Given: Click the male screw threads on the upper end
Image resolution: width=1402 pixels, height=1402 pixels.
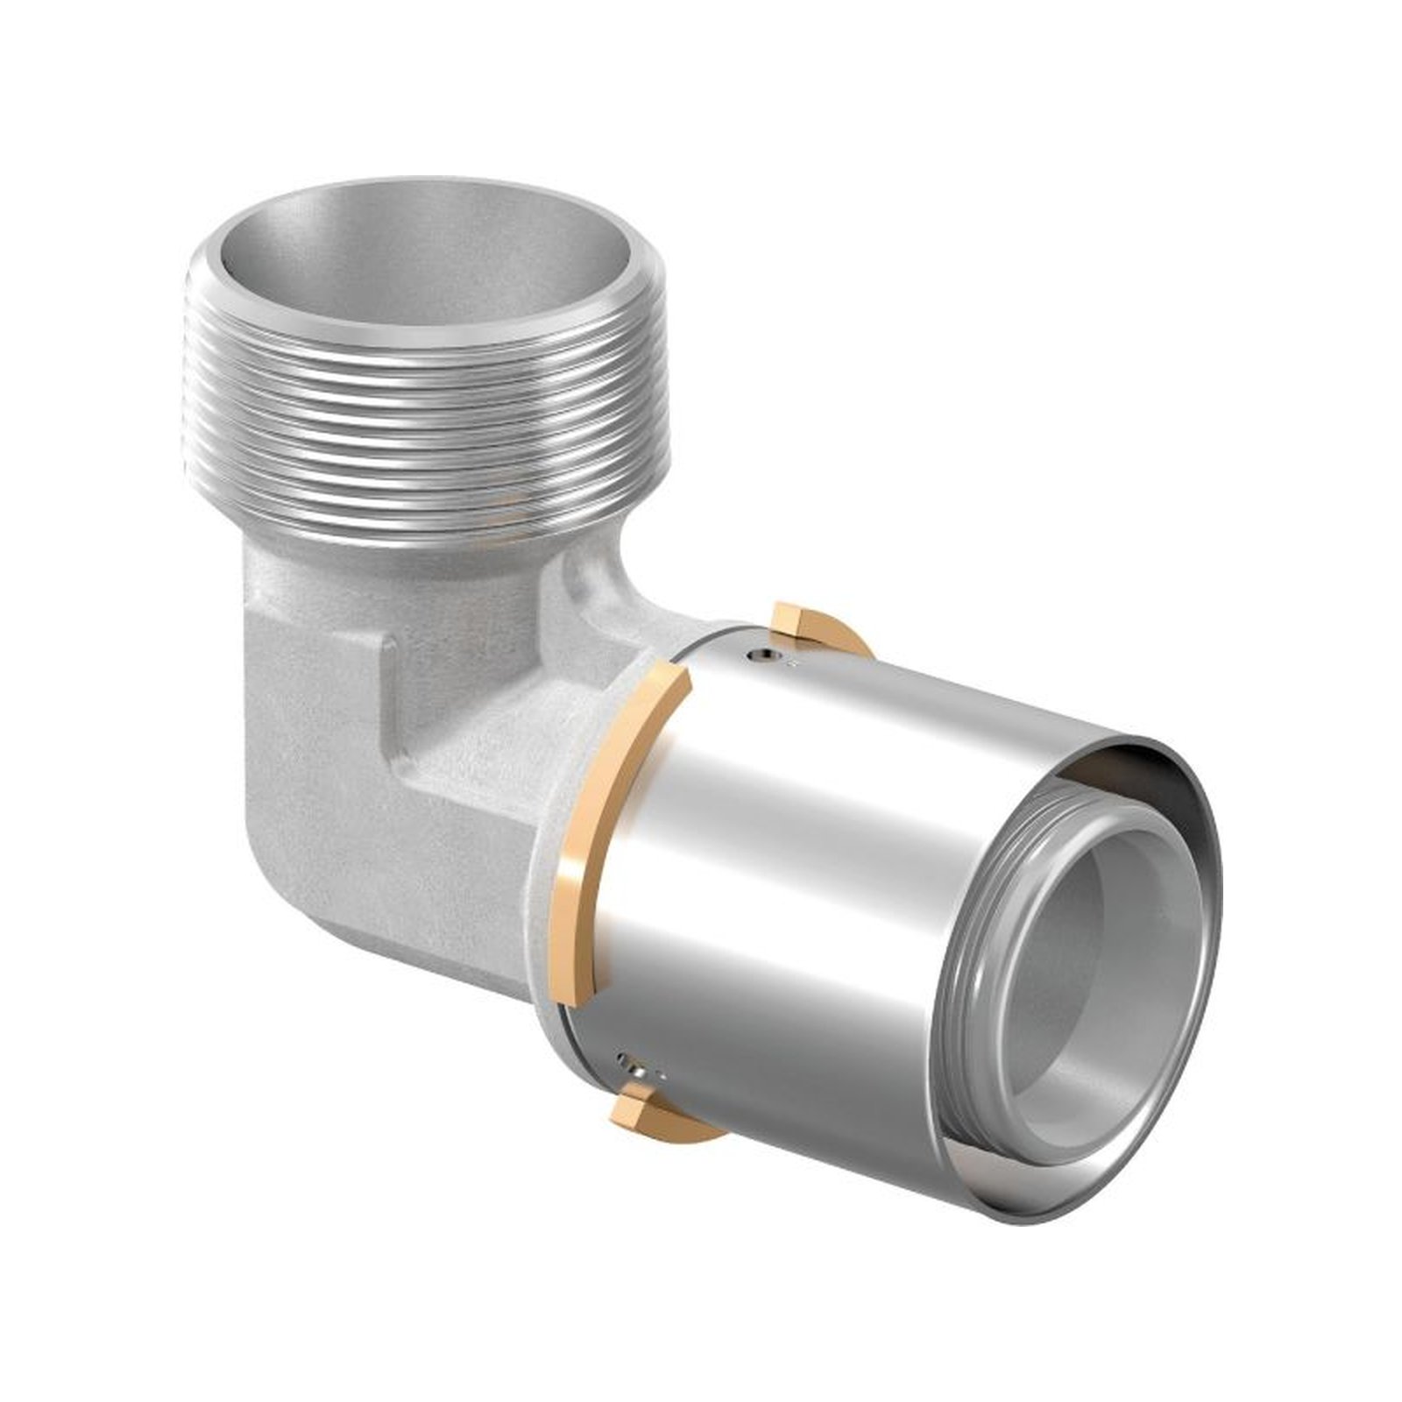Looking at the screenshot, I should [412, 412].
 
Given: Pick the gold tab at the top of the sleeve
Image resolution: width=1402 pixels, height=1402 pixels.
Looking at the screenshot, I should [797, 624].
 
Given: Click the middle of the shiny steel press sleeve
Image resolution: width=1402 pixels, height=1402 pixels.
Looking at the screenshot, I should [789, 876].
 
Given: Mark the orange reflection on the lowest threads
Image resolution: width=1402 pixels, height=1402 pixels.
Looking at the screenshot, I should [499, 517].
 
